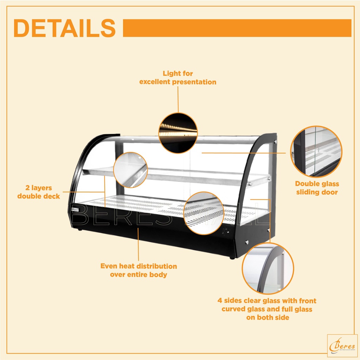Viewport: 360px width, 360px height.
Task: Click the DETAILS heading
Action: tap(64, 28)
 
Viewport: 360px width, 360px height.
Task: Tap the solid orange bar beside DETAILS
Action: tap(237, 28)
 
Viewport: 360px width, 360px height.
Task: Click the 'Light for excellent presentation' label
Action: tap(178, 78)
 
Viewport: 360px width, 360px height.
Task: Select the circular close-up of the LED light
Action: tap(178, 133)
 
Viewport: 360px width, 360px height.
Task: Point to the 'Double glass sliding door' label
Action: tap(317, 188)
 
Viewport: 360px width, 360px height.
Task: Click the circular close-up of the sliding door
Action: tap(316, 152)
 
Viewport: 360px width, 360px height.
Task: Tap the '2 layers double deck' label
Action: tap(39, 192)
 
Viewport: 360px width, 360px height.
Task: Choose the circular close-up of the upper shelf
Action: tap(130, 170)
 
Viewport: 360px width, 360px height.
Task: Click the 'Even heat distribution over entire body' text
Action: tap(139, 270)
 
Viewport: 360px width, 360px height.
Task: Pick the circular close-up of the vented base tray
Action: tap(204, 213)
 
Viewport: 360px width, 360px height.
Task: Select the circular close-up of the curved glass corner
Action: tap(268, 268)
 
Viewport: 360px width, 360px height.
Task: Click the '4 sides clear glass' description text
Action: tap(267, 309)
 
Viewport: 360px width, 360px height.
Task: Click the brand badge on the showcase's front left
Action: tap(74, 208)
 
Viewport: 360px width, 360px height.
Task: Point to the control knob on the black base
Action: tap(225, 232)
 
